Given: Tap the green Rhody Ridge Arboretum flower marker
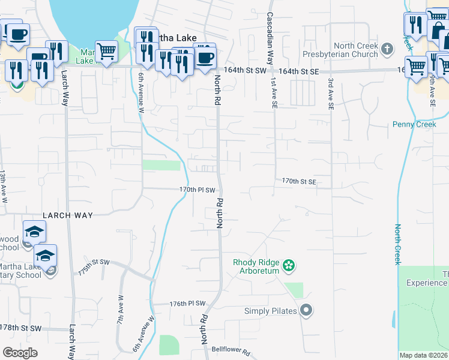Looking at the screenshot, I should coord(289,265).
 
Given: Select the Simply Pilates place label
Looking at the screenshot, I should coord(271,311).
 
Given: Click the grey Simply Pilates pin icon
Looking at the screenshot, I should coord(306,310).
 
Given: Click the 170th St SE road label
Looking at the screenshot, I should coord(298,181).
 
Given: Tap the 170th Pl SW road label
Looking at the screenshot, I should coord(197,190).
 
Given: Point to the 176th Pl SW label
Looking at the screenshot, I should coord(187,304).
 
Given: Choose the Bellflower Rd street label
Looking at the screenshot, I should coord(230,355).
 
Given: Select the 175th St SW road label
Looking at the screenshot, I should coord(94,266).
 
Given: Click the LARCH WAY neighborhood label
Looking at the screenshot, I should coord(65,214).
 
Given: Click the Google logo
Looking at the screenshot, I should coord(20,353).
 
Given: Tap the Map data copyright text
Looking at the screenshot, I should coord(423,355).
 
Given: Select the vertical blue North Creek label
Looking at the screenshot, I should coord(397,244).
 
